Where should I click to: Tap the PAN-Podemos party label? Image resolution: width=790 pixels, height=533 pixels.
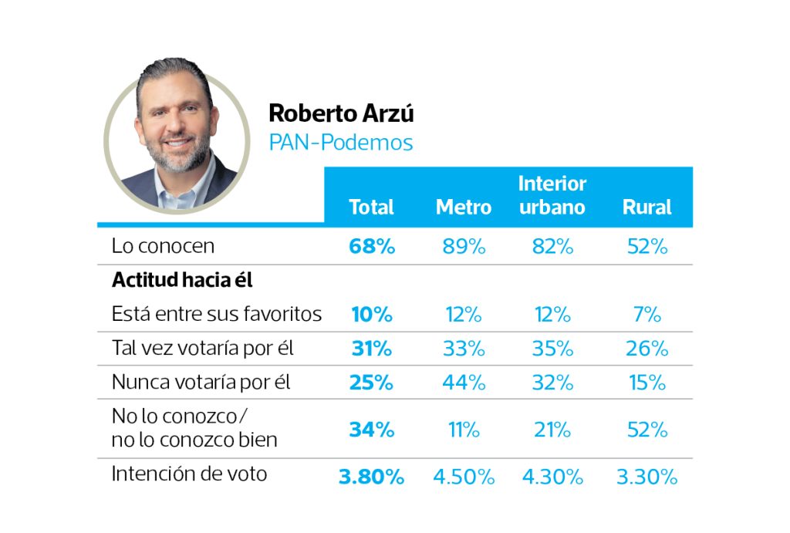[340, 143]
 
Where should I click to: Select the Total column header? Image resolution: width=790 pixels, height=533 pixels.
[371, 207]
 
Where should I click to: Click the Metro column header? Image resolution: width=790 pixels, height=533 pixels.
[463, 207]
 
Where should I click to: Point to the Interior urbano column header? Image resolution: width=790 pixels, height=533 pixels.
[552, 195]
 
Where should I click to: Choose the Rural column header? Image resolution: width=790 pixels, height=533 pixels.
[647, 207]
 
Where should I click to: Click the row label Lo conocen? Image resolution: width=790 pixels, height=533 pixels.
[163, 246]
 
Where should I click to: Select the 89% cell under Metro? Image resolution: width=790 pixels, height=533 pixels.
[463, 246]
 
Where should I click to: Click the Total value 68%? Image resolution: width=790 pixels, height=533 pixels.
[371, 246]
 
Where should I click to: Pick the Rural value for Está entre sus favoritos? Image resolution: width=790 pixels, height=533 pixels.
[647, 314]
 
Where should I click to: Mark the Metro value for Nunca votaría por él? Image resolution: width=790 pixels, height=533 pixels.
[463, 382]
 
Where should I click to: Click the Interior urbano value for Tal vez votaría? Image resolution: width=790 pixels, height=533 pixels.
[552, 348]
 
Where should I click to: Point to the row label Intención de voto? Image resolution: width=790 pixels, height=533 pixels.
[189, 473]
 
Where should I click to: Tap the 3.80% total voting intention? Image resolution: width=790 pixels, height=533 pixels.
[371, 477]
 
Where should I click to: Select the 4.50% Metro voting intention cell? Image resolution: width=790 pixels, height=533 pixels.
[463, 477]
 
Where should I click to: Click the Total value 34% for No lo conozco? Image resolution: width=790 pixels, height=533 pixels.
[371, 429]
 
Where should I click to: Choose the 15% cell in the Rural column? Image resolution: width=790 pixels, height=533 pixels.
[647, 382]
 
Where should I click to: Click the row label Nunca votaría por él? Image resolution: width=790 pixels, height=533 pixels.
[201, 382]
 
